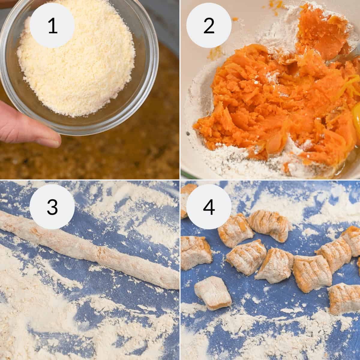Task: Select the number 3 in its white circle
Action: point(52,207)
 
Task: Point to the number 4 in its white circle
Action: point(209,207)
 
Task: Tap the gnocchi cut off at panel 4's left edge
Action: point(195,252)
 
